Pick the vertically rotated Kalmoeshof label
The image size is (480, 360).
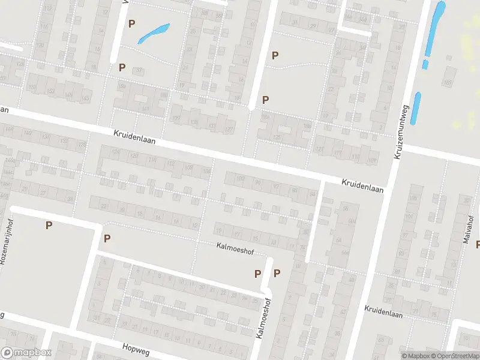click(x=260, y=318)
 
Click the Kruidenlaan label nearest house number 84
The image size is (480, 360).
click(x=362, y=185)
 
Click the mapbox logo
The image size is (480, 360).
click(x=26, y=353)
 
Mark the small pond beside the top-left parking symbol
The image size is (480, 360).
click(x=154, y=33)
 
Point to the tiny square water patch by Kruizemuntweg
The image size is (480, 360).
click(x=425, y=64)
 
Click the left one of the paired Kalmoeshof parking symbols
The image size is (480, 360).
click(x=257, y=273)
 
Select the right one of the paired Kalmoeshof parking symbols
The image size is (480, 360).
click(x=277, y=273)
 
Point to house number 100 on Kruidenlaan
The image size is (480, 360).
click(x=241, y=179)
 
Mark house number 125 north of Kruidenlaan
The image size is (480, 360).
click(x=277, y=137)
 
